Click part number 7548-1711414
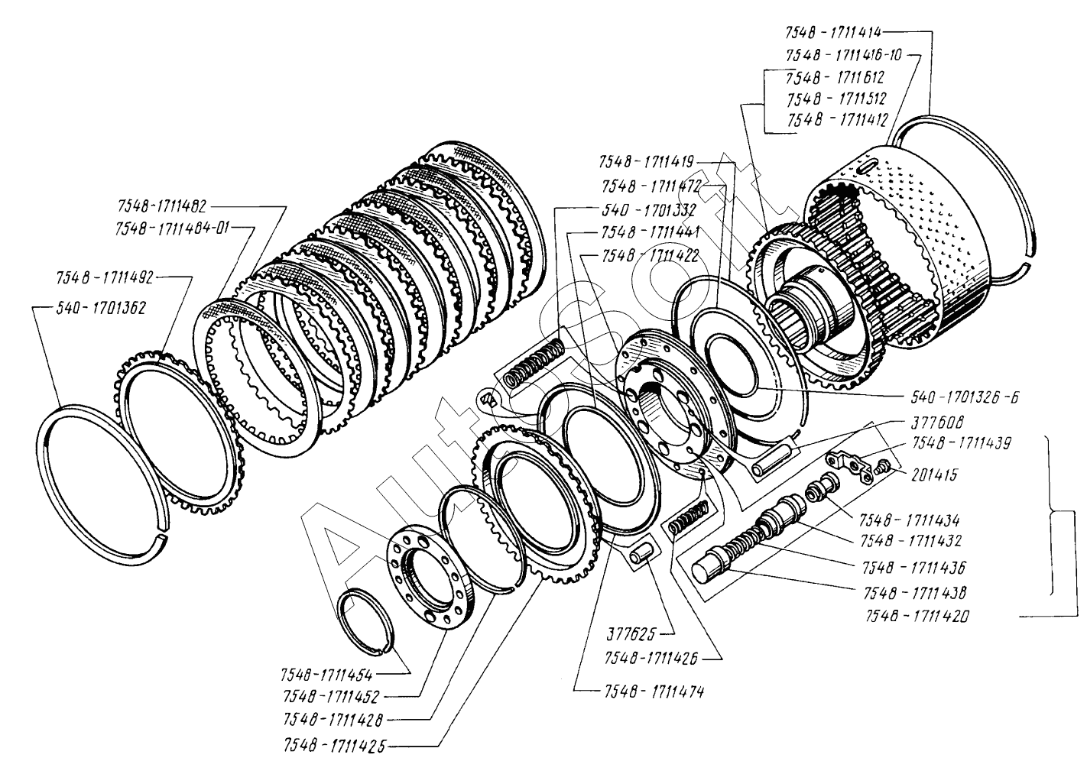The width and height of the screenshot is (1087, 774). (834, 33)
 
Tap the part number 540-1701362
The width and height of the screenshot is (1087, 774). (101, 308)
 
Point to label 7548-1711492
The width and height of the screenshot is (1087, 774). (105, 279)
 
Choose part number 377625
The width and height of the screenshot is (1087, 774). (628, 633)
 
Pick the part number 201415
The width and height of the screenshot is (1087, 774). (933, 475)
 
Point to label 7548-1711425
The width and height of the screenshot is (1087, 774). (335, 744)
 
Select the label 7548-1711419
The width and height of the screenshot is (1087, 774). (647, 162)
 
